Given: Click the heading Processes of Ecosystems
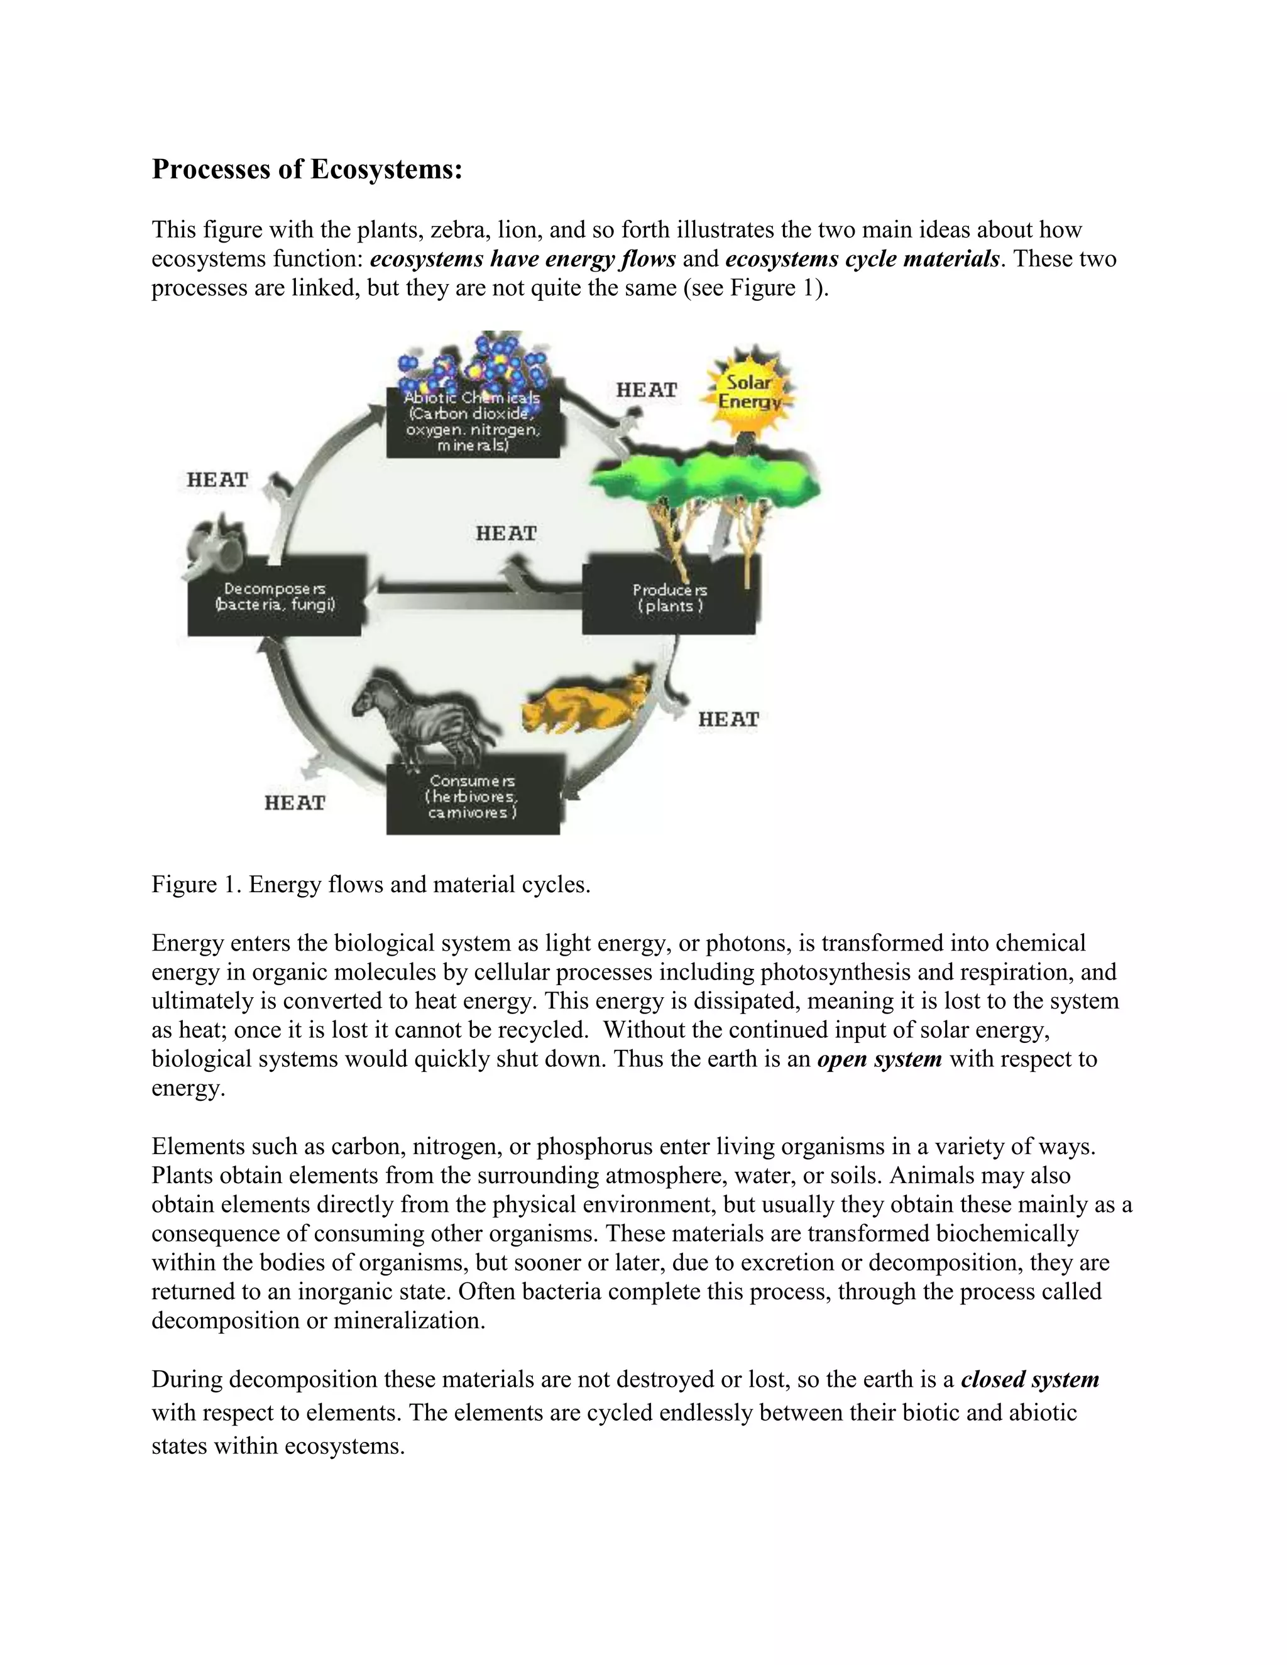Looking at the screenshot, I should pos(307,168).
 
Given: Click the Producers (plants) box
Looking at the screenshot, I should pos(669,598).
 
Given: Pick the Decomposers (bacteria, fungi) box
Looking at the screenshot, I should pos(275,596).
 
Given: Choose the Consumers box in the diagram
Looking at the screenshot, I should pos(473,797).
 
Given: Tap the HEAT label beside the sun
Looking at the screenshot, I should pos(647,390).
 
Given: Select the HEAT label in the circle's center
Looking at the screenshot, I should pos(507,533).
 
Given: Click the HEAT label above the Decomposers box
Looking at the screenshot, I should pos(218,480).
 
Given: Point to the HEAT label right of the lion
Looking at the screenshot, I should pos(729,719).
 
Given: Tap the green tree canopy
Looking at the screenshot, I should pos(705,480).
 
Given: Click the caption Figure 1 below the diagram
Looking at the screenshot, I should pos(371,885).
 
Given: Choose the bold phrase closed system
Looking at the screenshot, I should pos(1029,1379).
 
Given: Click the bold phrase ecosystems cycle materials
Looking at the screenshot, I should pos(862,259).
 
